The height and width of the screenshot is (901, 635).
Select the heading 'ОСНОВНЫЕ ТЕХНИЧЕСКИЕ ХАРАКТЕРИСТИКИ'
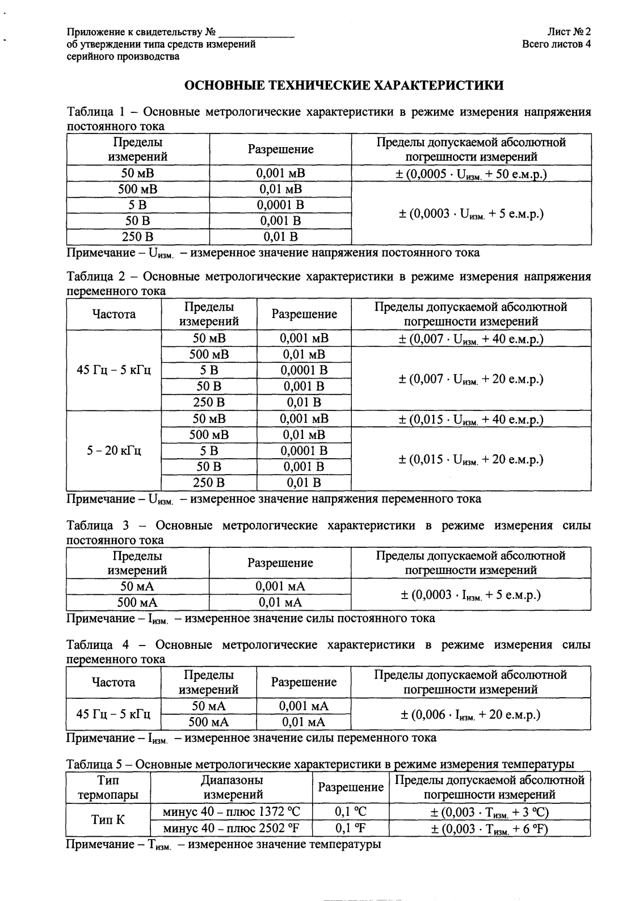344,86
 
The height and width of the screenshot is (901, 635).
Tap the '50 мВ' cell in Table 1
137,173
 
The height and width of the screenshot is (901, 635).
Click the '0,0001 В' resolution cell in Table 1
280,205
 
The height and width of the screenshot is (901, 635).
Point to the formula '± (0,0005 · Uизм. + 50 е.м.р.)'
470,174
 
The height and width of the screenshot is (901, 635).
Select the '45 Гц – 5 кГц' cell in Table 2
113,371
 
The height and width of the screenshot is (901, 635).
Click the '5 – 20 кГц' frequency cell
113,451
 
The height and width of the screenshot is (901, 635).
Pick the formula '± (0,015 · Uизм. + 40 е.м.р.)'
470,420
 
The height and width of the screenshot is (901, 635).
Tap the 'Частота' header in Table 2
113,314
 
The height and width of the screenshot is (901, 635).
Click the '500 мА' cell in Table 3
137,602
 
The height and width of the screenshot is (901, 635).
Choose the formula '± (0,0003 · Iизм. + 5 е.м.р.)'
470,595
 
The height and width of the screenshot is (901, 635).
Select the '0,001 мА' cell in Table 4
304,706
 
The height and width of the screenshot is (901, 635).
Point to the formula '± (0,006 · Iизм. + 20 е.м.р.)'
470,714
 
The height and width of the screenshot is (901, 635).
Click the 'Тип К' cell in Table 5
107,820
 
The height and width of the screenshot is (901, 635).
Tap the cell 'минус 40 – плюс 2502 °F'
230,828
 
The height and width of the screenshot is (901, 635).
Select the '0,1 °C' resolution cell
351,812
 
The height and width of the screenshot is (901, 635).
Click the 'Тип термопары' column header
107,787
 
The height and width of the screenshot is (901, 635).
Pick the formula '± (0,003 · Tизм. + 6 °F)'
489,828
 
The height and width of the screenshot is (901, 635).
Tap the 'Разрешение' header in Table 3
280,563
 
